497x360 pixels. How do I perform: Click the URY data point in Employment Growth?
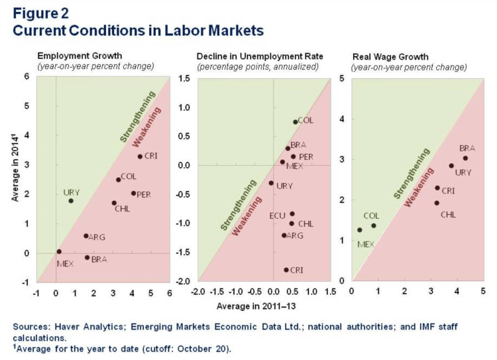[x=71, y=201]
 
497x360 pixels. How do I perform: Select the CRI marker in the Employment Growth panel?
[x=140, y=156]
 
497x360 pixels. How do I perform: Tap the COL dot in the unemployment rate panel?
[x=296, y=122]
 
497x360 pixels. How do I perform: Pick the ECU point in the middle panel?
[x=292, y=214]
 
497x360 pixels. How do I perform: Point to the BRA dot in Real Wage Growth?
[x=465, y=158]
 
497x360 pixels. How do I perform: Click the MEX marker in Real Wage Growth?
[x=360, y=230]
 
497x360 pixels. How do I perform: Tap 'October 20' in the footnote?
[x=204, y=349]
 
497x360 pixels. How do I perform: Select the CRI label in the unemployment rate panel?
[x=297, y=270]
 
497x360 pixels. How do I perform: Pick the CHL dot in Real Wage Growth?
[x=437, y=203]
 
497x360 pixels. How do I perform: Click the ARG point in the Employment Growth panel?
[x=86, y=236]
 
